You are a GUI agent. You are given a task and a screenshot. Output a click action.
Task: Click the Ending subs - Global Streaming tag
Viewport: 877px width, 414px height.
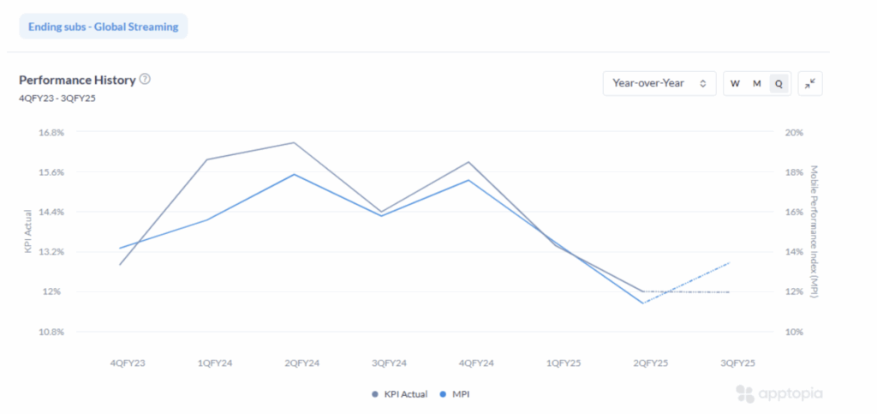point(103,27)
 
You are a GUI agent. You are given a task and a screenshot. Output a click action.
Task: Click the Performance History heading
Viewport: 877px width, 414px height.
point(77,80)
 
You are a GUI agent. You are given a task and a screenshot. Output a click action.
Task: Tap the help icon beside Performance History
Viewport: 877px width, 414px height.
point(145,80)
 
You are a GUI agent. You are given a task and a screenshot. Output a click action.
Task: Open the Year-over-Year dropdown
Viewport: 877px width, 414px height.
point(659,83)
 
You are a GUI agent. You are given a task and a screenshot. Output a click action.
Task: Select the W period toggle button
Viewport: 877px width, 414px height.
point(735,83)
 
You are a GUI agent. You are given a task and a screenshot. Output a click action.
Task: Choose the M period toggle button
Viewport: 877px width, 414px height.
point(757,83)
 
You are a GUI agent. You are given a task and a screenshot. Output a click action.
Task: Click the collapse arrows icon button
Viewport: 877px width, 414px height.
point(810,83)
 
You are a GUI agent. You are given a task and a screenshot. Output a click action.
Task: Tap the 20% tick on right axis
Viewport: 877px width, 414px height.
point(796,133)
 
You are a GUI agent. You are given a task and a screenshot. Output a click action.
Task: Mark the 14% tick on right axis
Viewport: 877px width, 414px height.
point(796,252)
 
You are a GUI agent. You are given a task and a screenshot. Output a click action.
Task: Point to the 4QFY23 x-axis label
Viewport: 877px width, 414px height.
point(128,363)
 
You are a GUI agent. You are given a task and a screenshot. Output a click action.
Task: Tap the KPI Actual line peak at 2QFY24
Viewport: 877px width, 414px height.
point(295,142)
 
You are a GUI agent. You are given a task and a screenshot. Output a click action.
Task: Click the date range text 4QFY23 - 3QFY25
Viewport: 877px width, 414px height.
point(57,98)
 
